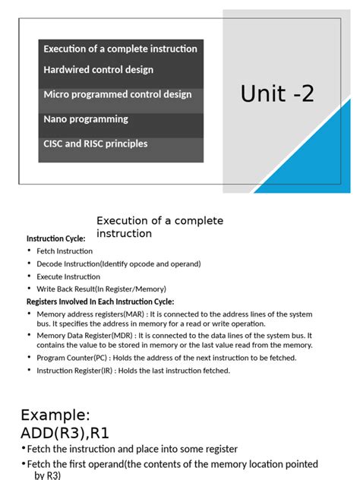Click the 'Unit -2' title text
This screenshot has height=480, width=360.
277,94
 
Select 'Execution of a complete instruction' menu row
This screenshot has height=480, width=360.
120,49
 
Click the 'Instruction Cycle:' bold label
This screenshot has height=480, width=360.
56,238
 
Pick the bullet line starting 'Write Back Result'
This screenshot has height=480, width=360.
101,289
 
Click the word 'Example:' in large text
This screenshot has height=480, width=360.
55,415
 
